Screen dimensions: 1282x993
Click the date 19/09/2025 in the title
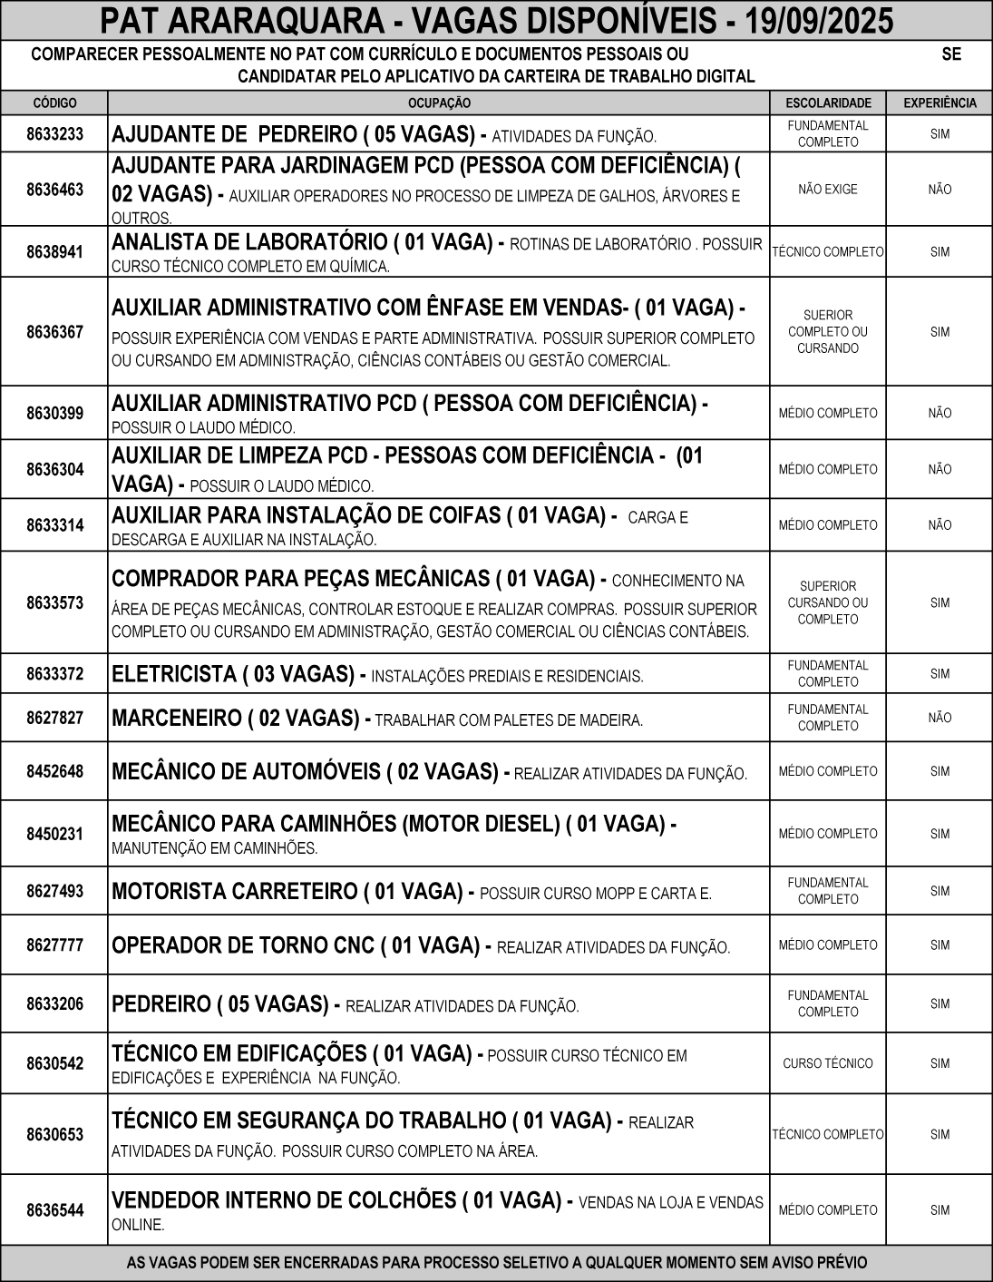(x=817, y=20)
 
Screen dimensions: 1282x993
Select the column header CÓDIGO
(x=54, y=103)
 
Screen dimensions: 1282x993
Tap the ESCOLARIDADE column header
(x=828, y=103)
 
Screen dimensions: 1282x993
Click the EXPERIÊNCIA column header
(x=939, y=103)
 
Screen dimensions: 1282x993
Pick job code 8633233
(x=54, y=134)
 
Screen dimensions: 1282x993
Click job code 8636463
(x=54, y=190)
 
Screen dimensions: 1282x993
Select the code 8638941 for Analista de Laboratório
(x=54, y=252)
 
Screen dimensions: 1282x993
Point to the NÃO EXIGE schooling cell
(x=828, y=190)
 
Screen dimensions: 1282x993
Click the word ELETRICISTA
(x=173, y=675)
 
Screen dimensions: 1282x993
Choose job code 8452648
(x=54, y=771)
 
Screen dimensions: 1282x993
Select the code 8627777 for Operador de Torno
(x=54, y=945)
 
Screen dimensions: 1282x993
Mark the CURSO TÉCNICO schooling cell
(x=828, y=1063)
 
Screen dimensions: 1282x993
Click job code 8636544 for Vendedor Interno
(x=54, y=1210)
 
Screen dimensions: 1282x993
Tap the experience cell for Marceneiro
(x=939, y=719)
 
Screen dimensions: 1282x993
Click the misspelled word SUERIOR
(x=828, y=316)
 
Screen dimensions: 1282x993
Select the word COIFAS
(x=463, y=516)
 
